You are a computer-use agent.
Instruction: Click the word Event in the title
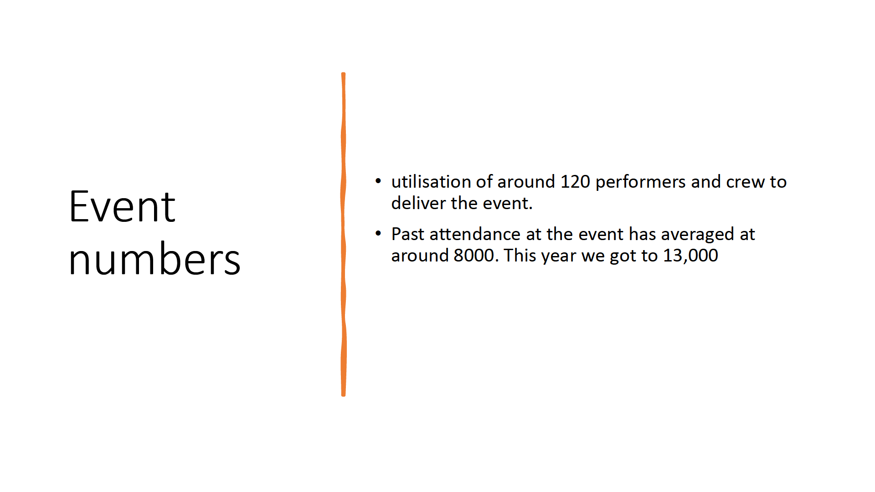click(x=122, y=207)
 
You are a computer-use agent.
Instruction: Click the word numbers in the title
click(x=154, y=258)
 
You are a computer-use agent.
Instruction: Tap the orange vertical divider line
click(x=343, y=234)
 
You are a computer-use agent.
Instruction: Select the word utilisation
click(x=431, y=182)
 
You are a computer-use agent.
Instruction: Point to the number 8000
click(x=474, y=256)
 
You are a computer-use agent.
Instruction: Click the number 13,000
click(x=690, y=256)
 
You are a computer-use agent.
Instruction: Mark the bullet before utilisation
click(x=378, y=181)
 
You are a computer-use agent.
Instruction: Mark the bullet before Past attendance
click(x=378, y=234)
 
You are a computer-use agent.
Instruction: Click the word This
click(x=520, y=256)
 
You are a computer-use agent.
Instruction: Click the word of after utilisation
click(x=484, y=182)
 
